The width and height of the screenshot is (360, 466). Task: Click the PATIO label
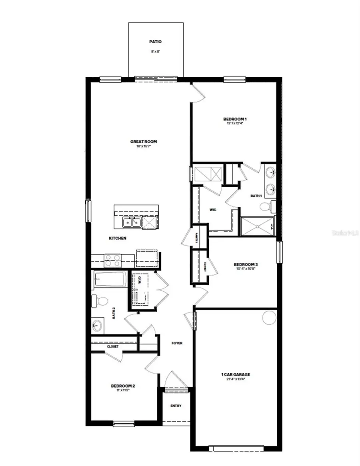click(x=156, y=41)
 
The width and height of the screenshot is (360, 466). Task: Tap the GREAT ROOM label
click(x=143, y=141)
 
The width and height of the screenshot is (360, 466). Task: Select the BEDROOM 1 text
click(x=235, y=119)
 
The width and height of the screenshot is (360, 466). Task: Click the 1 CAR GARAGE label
click(x=236, y=374)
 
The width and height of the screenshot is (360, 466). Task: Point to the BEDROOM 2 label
click(x=123, y=386)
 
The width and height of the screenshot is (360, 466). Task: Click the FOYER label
click(x=177, y=343)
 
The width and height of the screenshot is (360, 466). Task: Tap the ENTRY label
click(x=176, y=406)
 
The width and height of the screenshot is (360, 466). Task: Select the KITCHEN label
click(x=118, y=238)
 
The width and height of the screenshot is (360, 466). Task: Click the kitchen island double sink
click(x=131, y=222)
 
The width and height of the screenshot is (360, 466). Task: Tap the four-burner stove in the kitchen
click(x=112, y=261)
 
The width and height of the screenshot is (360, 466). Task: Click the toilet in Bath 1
click(x=265, y=207)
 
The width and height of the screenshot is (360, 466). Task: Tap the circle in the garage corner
click(x=269, y=318)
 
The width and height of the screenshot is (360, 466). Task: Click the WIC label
click(x=213, y=210)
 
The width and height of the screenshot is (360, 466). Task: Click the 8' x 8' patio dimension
click(x=156, y=51)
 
